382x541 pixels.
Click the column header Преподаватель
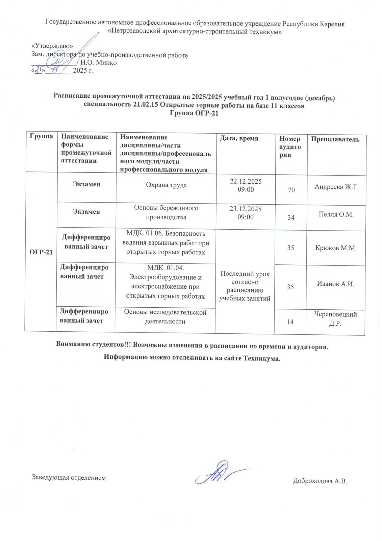[335, 139]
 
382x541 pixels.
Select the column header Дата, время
[239, 138]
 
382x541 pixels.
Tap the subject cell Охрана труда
[166, 185]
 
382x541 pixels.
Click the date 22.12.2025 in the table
[246, 181]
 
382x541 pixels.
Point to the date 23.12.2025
[246, 209]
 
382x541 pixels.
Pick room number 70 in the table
[291, 190]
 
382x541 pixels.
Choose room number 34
[291, 217]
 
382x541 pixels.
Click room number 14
[290, 322]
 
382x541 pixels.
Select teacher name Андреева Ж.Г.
[336, 187]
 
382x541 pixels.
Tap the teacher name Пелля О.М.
[336, 214]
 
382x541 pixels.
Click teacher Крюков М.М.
[336, 248]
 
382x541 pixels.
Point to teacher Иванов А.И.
[335, 284]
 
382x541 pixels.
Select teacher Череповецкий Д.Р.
[335, 319]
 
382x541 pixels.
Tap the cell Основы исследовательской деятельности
[165, 317]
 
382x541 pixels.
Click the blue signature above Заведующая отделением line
[220, 472]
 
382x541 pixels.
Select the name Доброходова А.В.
[320, 481]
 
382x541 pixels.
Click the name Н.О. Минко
[99, 63]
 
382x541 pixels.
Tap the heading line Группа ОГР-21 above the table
[194, 113]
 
